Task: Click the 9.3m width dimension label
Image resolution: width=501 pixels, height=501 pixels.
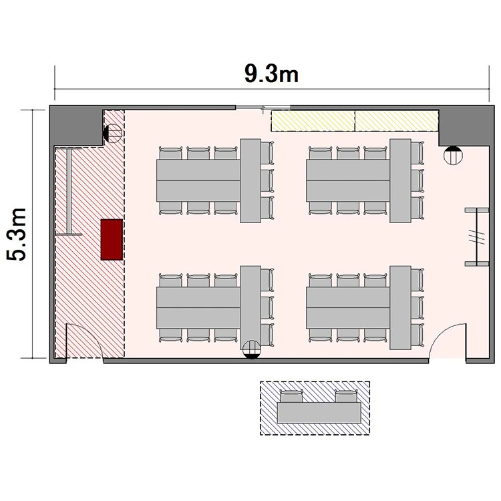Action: [x=271, y=73]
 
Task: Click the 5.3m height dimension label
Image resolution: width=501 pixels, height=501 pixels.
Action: [x=16, y=234]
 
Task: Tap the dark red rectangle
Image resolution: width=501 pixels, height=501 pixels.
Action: [x=112, y=239]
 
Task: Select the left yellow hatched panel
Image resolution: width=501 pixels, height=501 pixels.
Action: [x=313, y=121]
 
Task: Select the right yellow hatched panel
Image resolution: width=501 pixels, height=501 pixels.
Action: [x=397, y=121]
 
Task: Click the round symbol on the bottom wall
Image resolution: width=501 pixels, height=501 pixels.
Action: [x=252, y=349]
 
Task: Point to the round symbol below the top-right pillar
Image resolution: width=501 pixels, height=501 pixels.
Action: [x=453, y=155]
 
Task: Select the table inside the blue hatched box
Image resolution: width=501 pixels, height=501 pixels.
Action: [x=319, y=413]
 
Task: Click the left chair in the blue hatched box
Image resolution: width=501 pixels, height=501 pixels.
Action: [x=291, y=396]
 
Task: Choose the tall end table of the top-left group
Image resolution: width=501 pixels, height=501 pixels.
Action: [x=251, y=180]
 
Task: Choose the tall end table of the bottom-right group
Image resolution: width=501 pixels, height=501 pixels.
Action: [x=400, y=307]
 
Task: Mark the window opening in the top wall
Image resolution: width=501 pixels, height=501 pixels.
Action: [x=263, y=108]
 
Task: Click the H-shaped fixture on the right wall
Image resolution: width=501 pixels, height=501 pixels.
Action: [x=477, y=236]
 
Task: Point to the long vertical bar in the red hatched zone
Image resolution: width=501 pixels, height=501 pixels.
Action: [x=69, y=192]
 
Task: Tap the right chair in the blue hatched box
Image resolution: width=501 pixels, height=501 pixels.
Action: [x=346, y=396]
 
